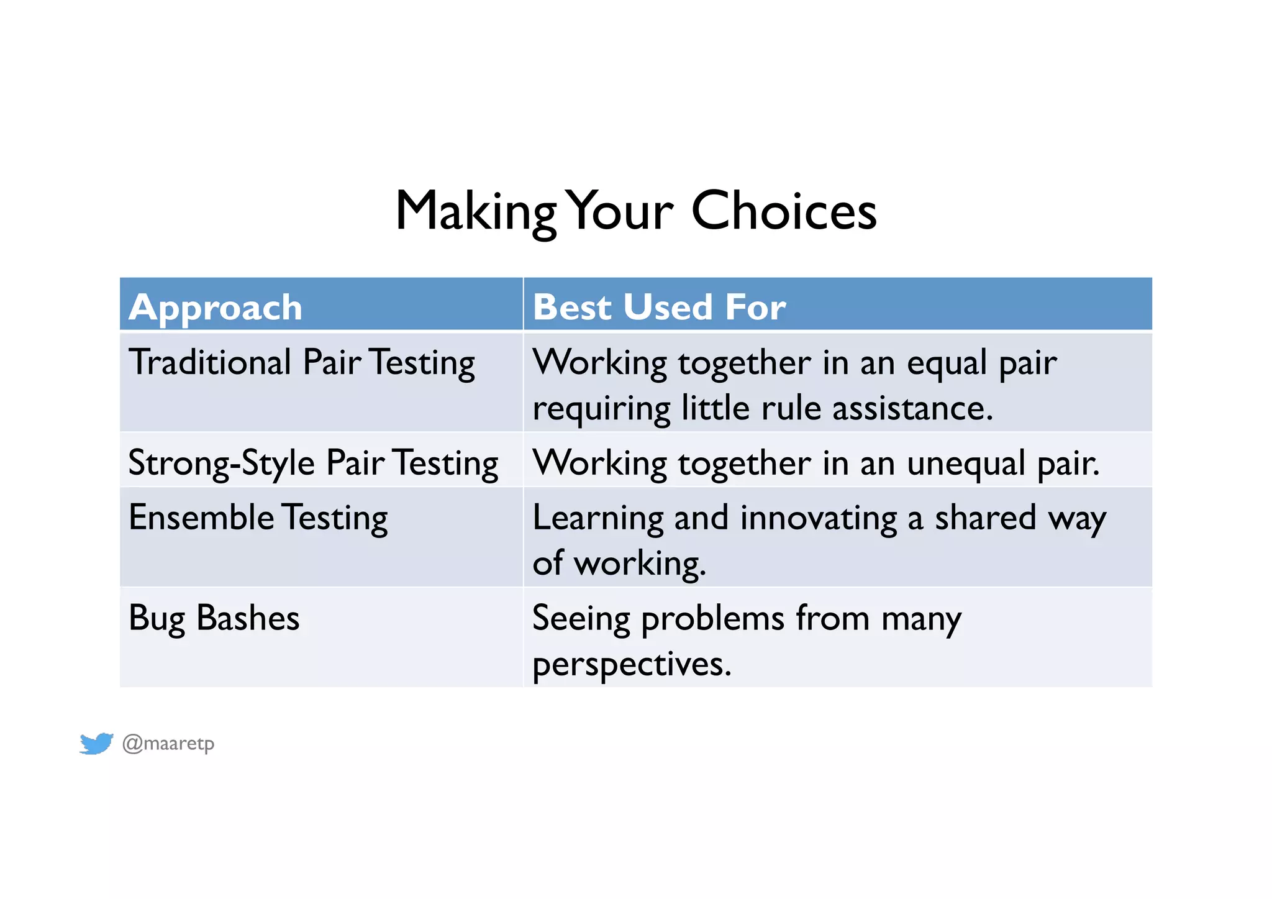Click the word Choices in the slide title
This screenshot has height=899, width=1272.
click(784, 211)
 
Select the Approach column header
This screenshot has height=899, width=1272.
click(216, 307)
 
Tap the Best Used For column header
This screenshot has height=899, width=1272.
click(659, 307)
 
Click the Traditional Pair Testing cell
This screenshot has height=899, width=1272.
click(301, 363)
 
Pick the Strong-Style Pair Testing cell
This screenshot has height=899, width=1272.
click(313, 463)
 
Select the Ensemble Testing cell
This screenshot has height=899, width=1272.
click(258, 518)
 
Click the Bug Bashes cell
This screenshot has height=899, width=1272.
click(214, 618)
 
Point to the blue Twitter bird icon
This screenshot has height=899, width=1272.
click(96, 743)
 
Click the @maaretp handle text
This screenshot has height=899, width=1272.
click(168, 743)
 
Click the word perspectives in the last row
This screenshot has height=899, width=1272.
click(632, 665)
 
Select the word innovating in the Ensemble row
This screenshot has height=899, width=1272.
click(818, 518)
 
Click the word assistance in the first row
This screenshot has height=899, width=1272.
click(912, 409)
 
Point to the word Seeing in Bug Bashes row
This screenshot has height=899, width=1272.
click(581, 619)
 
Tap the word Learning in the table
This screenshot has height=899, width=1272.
click(597, 519)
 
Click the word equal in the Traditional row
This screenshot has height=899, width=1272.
click(947, 363)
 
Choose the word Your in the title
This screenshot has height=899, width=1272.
click(621, 211)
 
